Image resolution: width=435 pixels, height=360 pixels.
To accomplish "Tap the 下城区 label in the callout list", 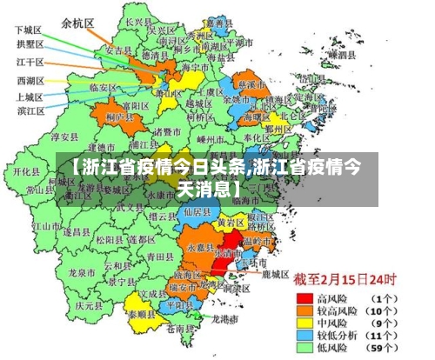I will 29,30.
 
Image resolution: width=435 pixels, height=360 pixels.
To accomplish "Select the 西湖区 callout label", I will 30,81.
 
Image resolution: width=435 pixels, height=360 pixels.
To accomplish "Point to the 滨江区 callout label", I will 30,110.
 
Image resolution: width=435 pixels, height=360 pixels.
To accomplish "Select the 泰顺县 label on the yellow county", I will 143,315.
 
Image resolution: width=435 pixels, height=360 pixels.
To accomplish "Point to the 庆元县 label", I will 85,306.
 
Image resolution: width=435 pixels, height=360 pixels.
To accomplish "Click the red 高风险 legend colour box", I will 304,297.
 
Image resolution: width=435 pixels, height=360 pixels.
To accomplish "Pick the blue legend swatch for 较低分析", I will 304,335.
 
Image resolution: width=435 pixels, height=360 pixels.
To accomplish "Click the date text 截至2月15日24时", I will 345,280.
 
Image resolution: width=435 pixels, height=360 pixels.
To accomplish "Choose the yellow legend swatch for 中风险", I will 304,323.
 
